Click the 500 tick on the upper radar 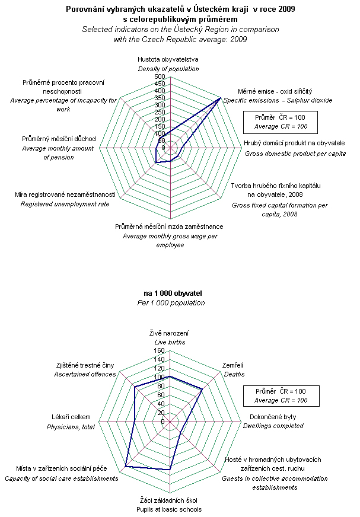160,77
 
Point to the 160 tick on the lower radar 160,350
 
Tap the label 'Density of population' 168,69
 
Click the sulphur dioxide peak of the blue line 220,98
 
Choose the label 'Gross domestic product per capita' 295,154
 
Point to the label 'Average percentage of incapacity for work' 63,105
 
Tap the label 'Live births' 170,343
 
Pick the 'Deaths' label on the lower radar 232,374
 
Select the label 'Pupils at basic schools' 171,509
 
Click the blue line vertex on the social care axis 126,467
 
